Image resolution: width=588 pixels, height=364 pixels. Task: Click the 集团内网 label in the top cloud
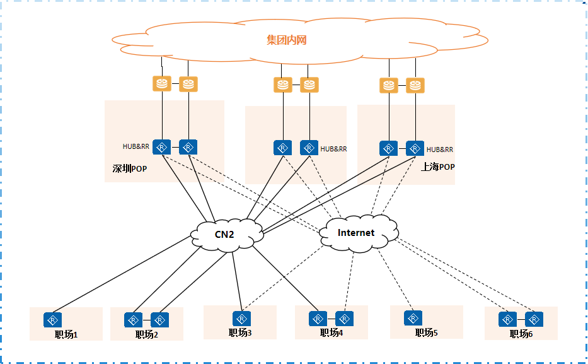coord(286,40)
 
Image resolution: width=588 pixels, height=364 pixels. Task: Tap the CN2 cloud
coord(226,235)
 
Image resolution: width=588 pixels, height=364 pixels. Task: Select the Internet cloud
coord(356,233)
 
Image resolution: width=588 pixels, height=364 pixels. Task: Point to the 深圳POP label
coord(129,169)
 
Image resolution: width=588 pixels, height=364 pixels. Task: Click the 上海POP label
coord(437,167)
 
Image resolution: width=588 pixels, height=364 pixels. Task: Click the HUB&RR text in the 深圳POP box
coord(135,147)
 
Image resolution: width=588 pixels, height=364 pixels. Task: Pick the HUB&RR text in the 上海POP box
coord(440,150)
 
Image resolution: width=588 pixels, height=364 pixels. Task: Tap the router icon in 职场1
coord(52,319)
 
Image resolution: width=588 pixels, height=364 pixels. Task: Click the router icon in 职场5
coord(413,317)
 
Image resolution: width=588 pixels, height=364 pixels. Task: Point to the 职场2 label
coord(147,334)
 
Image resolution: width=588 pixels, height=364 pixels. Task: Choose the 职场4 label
coord(331,332)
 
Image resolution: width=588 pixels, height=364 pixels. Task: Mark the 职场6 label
coord(521,334)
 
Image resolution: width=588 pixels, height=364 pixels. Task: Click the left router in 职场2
coord(133,320)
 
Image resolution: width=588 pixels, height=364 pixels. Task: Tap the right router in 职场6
coord(534,319)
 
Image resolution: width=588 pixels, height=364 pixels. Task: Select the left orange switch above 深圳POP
coord(163,84)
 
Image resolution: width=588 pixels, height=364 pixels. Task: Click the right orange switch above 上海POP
coord(415,85)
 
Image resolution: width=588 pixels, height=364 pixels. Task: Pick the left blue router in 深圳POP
coord(163,147)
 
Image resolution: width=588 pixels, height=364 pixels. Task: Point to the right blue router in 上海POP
coord(415,148)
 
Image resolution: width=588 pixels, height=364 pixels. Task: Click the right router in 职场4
coord(345,318)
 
